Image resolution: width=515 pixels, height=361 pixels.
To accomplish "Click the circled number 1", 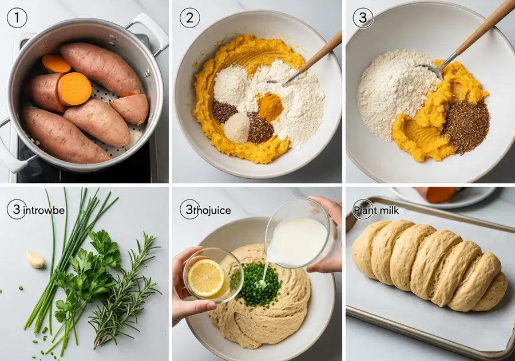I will tap(17, 18).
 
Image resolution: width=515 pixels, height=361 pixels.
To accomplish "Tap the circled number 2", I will tap(189, 18).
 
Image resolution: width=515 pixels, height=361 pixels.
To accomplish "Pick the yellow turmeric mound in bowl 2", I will tap(270, 107).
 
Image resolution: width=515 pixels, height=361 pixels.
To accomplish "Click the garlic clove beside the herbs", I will tap(36, 260).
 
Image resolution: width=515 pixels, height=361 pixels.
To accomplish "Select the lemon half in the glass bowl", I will tap(206, 277).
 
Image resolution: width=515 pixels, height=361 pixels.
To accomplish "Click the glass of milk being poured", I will tap(298, 235).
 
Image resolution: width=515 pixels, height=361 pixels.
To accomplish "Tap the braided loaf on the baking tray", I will tap(429, 264).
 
